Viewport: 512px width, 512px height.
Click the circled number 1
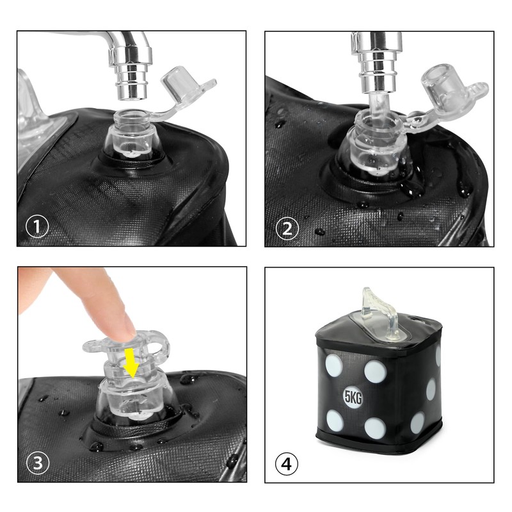coord(37,226)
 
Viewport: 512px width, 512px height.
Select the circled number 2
coord(287,228)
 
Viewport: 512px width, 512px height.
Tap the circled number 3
coord(38,463)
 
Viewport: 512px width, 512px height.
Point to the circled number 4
coord(286,463)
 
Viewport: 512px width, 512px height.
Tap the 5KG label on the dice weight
coord(353,397)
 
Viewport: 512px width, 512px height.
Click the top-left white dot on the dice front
coord(334,365)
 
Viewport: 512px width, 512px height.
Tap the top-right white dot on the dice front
coord(376,371)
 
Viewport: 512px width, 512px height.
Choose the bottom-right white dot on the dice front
coord(375,428)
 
